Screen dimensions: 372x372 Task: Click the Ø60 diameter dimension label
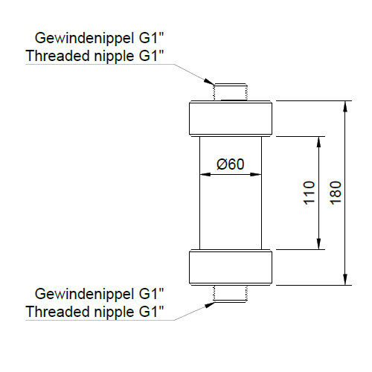coord(231,164)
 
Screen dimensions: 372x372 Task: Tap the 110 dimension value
coord(309,193)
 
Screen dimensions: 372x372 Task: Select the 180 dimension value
coord(336,193)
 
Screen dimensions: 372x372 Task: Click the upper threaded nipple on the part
coord(231,92)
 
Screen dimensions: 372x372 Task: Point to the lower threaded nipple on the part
coord(231,294)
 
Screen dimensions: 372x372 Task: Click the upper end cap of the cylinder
coord(231,118)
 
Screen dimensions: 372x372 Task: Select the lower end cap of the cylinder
coord(231,267)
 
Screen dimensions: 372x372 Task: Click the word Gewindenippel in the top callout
coord(85,39)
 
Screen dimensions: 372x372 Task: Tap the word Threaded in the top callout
coord(58,56)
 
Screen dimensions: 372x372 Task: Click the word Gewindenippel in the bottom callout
coord(85,295)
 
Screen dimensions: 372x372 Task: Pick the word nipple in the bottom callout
coord(114,312)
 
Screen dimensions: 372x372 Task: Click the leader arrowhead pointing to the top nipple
coord(209,81)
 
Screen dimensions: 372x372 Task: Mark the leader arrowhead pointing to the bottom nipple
coord(209,305)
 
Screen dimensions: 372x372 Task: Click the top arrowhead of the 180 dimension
coord(345,106)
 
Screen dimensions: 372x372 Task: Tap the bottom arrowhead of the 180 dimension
coord(345,280)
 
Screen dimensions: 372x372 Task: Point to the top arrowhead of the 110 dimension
coord(318,142)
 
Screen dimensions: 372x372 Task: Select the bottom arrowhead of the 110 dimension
coord(318,244)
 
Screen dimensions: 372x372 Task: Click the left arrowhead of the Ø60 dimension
coord(205,174)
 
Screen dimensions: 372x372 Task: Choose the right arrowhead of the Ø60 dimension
coord(256,174)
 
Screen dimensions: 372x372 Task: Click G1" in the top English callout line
coord(151,56)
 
